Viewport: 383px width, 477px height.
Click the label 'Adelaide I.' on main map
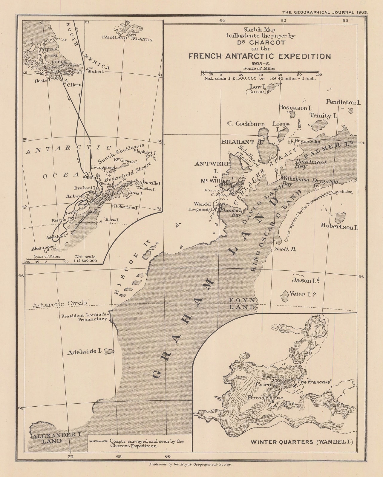(85, 351)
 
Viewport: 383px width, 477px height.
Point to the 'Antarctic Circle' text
(59, 304)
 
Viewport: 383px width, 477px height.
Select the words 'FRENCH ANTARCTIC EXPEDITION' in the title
(259, 56)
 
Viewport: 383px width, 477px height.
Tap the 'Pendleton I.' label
(344, 102)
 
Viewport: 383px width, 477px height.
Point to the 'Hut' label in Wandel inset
(291, 403)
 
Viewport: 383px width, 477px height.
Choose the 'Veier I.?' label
(303, 294)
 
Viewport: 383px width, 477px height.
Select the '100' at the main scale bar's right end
(318, 75)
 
